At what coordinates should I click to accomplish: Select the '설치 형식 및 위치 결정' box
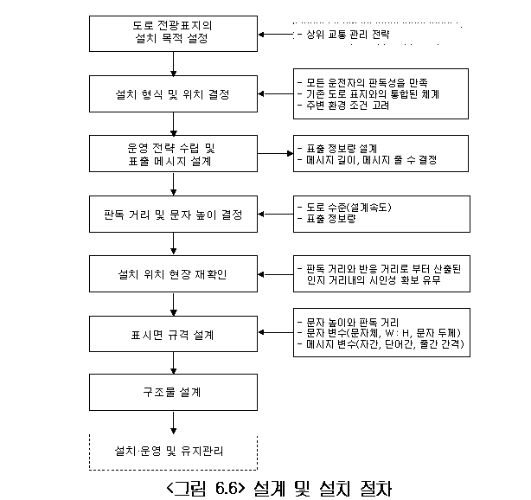coord(175,93)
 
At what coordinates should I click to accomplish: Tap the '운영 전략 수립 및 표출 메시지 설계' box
coord(175,154)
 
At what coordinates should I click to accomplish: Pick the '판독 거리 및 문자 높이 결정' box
coord(175,214)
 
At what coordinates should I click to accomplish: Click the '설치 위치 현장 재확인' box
coord(175,274)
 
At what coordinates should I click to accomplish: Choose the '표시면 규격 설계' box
coord(175,333)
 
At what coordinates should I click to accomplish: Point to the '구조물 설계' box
coord(175,392)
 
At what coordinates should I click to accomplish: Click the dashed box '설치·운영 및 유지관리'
coord(175,451)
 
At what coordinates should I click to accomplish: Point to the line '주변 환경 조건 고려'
coord(342,106)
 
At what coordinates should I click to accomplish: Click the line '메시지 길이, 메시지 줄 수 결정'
coord(366,160)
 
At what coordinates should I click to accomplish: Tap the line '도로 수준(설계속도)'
coord(344,208)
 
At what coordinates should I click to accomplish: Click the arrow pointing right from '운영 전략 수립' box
coord(276,154)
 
